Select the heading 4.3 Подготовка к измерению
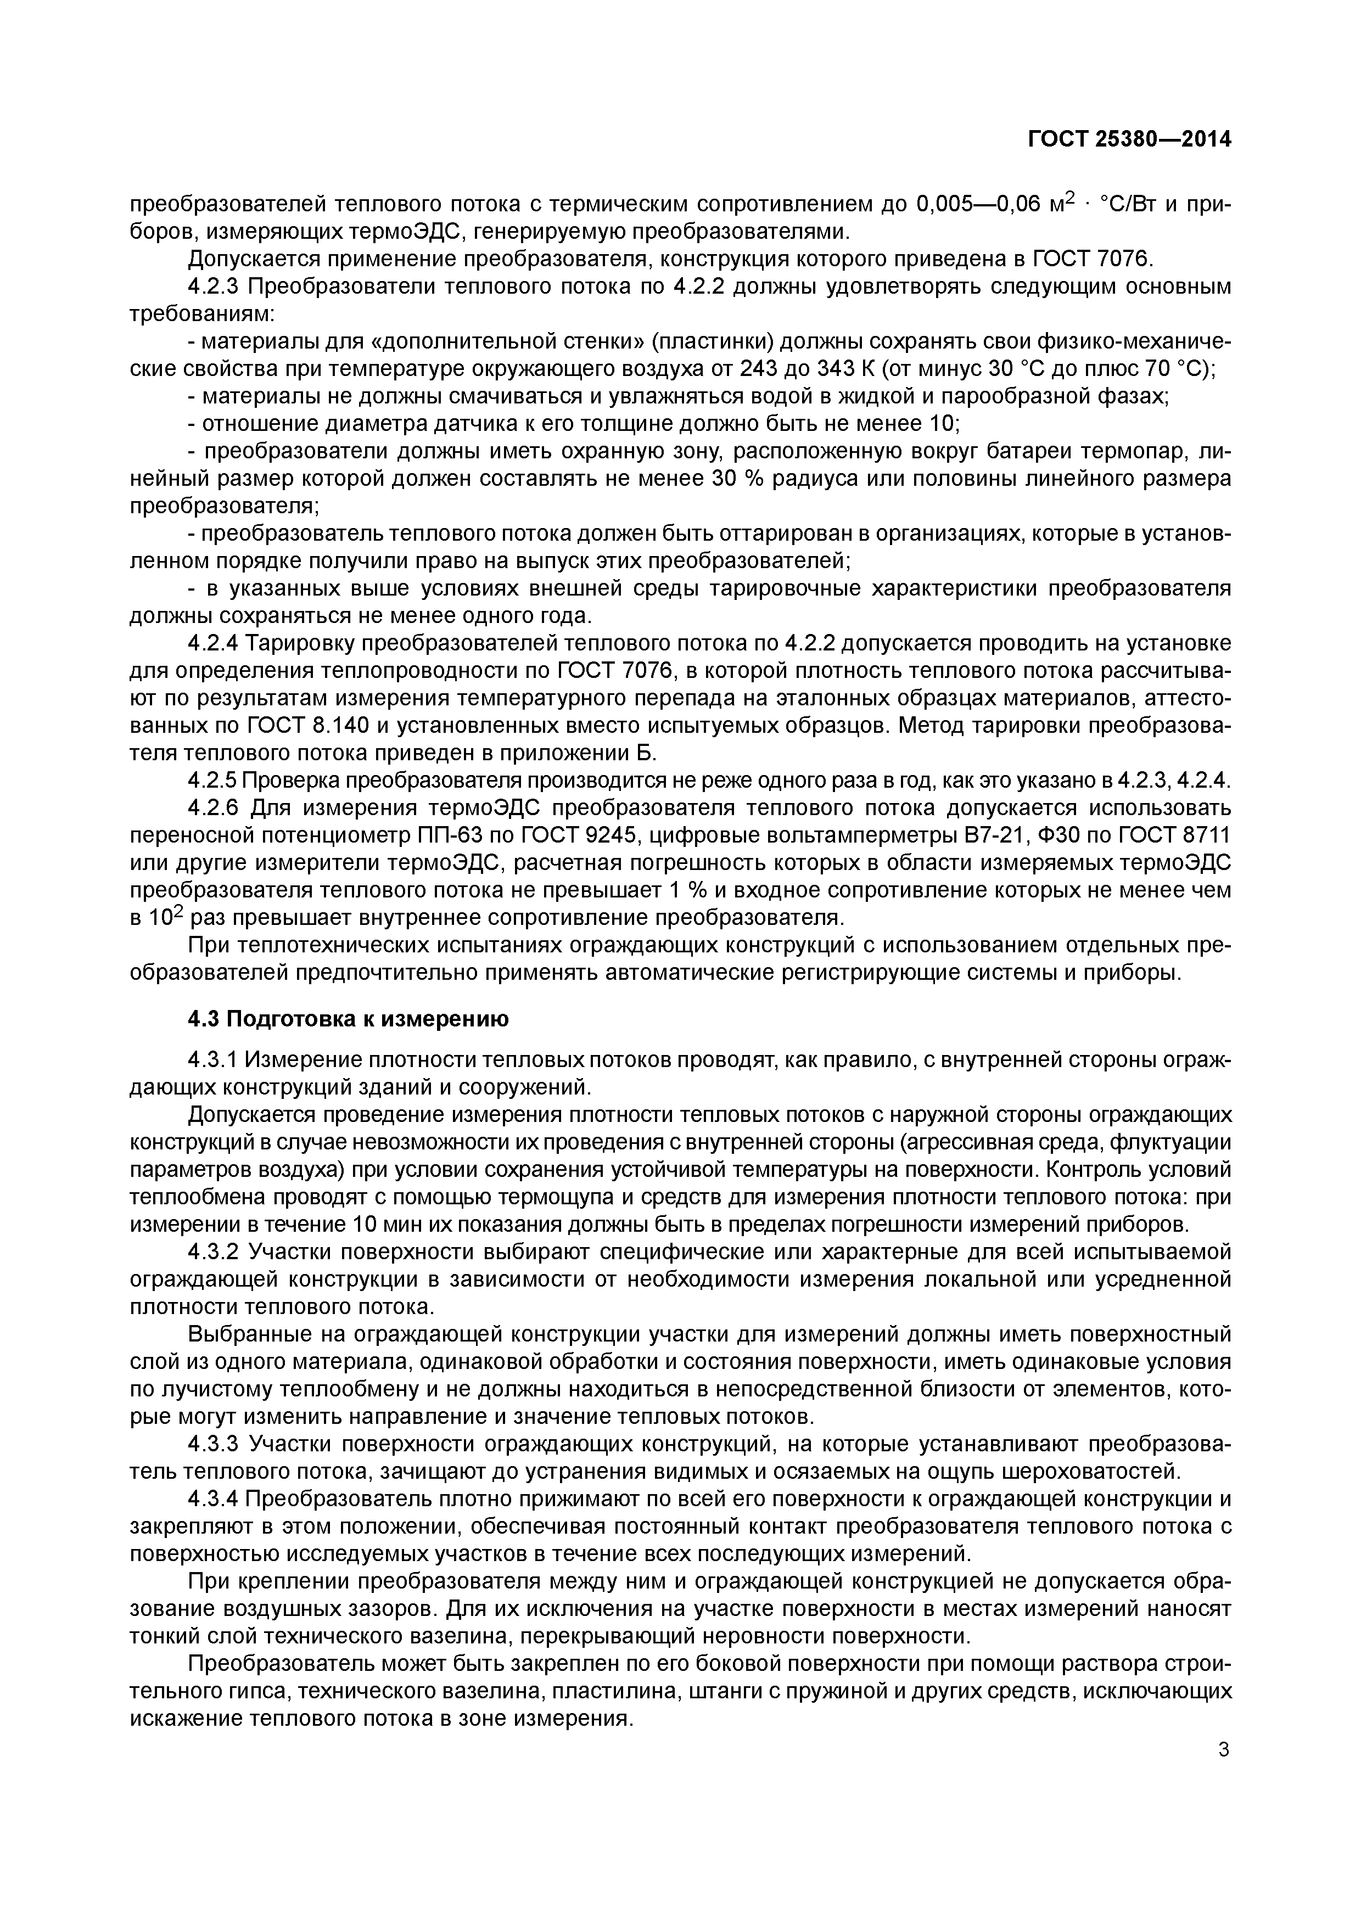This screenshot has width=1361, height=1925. pos(348,1019)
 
